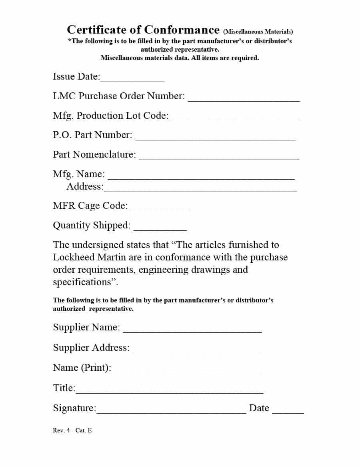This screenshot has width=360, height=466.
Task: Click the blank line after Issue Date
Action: (x=132, y=80)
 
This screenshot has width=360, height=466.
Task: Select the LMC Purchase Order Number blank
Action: (x=244, y=100)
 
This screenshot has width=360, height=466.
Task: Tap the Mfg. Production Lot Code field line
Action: (x=236, y=119)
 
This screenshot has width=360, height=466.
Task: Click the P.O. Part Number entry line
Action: (x=216, y=139)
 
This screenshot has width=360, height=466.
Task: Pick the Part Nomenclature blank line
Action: (x=219, y=158)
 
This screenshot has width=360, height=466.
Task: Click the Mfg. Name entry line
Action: (x=201, y=178)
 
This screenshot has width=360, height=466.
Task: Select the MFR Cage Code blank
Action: (x=160, y=209)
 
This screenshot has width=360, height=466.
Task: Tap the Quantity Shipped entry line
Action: (x=160, y=229)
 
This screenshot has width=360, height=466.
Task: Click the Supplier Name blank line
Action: (x=192, y=331)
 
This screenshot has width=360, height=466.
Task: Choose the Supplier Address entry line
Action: (x=196, y=352)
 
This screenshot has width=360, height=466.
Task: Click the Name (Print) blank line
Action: (x=186, y=372)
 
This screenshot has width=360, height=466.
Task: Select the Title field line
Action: (x=170, y=392)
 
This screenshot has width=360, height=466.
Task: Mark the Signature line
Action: (x=171, y=412)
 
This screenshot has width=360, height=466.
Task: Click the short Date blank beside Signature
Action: (x=288, y=412)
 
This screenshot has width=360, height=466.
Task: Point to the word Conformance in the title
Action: (x=182, y=30)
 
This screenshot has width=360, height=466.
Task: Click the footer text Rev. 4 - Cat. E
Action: (x=72, y=430)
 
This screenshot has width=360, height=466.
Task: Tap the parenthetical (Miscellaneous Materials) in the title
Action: (x=258, y=32)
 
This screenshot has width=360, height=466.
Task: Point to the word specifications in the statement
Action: (x=82, y=282)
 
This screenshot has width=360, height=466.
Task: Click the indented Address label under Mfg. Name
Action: (x=85, y=186)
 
